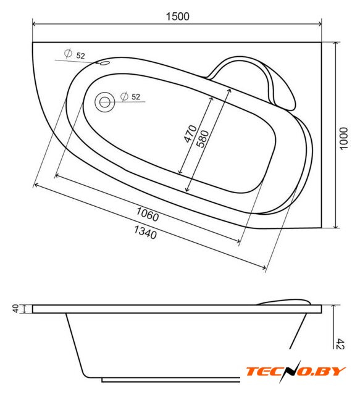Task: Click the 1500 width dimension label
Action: tap(177, 17)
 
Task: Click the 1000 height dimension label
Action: tap(343, 138)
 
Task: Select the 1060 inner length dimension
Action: tap(148, 214)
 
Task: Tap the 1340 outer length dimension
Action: tap(145, 232)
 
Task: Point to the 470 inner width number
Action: tap(190, 133)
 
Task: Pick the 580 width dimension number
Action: tap(203, 138)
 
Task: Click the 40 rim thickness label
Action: tap(15, 309)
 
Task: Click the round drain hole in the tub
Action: tap(104, 102)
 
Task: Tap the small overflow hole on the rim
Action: tap(105, 63)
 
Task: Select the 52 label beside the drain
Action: tap(136, 97)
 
